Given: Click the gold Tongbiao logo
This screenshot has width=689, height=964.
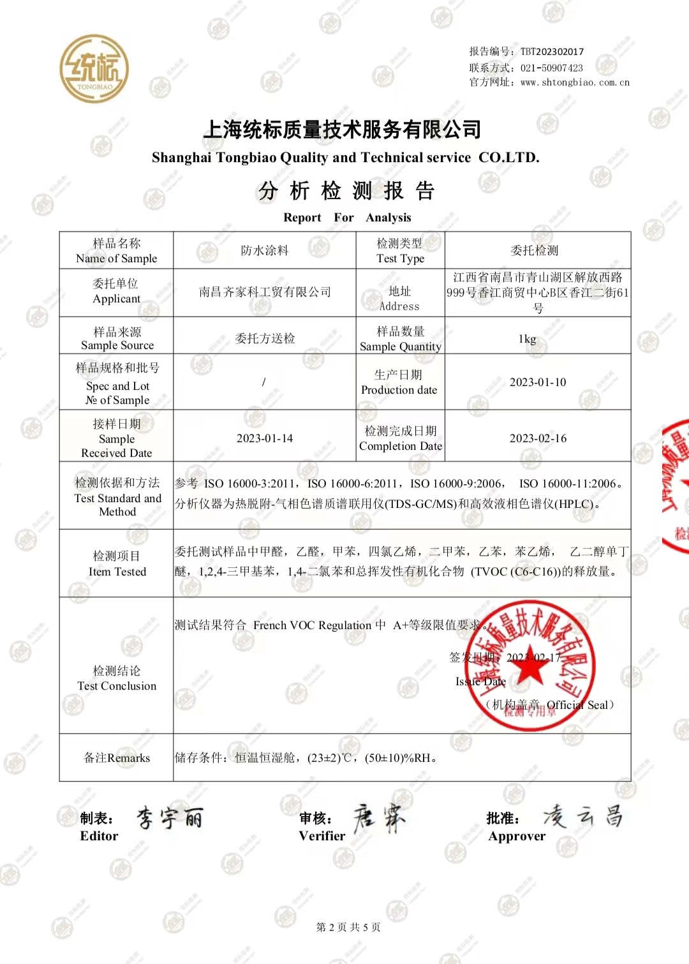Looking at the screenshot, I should pyautogui.click(x=94, y=69).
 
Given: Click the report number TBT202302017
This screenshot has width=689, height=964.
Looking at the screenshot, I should pyautogui.click(x=552, y=52).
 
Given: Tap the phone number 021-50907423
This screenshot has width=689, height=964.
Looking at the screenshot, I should pyautogui.click(x=551, y=68).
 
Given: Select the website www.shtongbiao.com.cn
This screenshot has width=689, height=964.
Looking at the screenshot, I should pyautogui.click(x=575, y=82).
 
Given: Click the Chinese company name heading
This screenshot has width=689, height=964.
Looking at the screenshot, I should pyautogui.click(x=342, y=130).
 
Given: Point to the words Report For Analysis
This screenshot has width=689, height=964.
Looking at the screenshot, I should pyautogui.click(x=347, y=218).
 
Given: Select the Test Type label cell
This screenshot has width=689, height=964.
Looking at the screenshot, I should pyautogui.click(x=400, y=251).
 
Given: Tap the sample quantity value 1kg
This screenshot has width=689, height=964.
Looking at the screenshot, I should pyautogui.click(x=527, y=339).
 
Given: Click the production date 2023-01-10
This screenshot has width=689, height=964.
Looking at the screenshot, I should pyautogui.click(x=537, y=382).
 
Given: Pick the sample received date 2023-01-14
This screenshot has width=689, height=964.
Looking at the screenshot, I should pyautogui.click(x=264, y=438).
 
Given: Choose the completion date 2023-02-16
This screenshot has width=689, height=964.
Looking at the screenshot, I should pyautogui.click(x=537, y=438).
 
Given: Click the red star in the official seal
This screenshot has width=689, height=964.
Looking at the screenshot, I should pyautogui.click(x=530, y=667).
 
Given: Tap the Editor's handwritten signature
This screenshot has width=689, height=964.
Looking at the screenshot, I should pyautogui.click(x=170, y=817).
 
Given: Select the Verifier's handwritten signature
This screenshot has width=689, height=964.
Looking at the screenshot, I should pyautogui.click(x=379, y=818).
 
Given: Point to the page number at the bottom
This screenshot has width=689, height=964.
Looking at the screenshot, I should pyautogui.click(x=348, y=927).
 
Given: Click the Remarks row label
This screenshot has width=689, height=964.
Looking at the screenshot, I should pyautogui.click(x=117, y=758).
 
